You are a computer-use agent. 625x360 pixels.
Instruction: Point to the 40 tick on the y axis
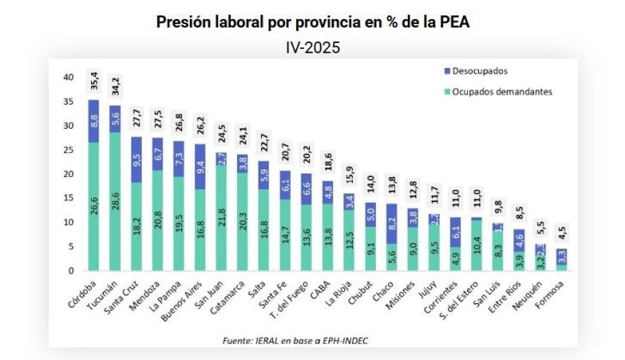[x=68, y=77]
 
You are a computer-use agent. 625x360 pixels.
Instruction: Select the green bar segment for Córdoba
[x=94, y=206]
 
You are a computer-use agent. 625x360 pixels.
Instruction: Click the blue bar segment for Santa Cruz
[x=137, y=160]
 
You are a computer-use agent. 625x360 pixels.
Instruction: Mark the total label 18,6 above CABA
[x=328, y=163]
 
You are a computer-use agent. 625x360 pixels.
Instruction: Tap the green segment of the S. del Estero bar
[x=476, y=246]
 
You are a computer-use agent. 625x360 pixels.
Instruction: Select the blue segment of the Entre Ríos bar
[x=519, y=241]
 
